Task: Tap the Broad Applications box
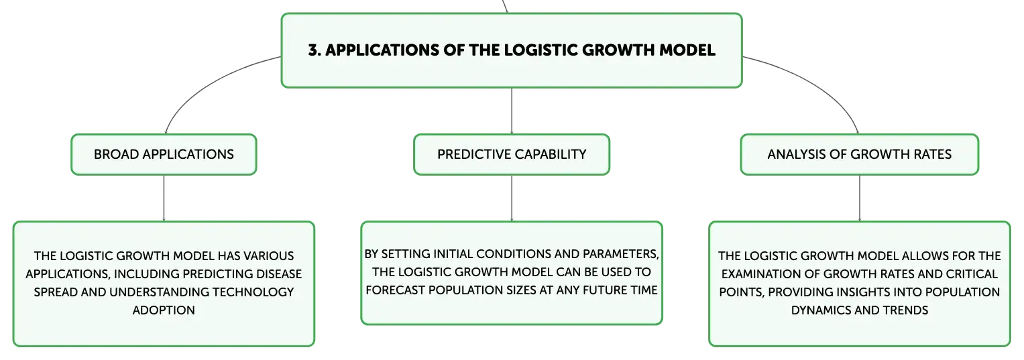click(164, 154)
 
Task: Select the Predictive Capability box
click(512, 154)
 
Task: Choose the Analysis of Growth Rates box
click(860, 154)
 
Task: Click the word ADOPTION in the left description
click(164, 310)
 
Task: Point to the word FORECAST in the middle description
click(396, 290)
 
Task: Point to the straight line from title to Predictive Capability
click(512, 111)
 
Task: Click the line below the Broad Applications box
click(164, 198)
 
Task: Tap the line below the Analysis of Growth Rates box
click(860, 198)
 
